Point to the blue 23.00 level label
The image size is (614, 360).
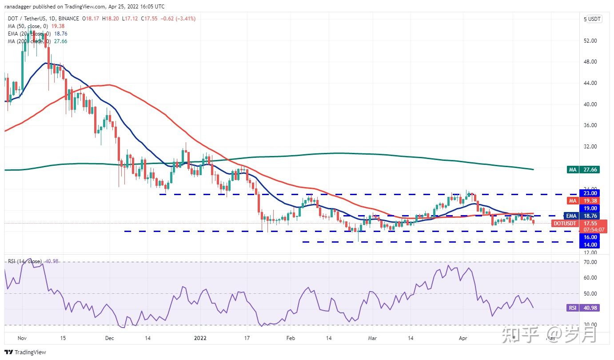pos(590,193)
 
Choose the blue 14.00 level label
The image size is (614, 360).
pos(590,245)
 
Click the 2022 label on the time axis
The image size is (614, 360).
pos(201,338)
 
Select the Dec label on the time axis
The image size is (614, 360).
pos(110,338)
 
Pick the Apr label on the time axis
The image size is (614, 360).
pos(463,338)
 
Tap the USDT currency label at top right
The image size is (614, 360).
pos(594,19)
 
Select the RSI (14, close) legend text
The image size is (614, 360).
pos(25,261)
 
